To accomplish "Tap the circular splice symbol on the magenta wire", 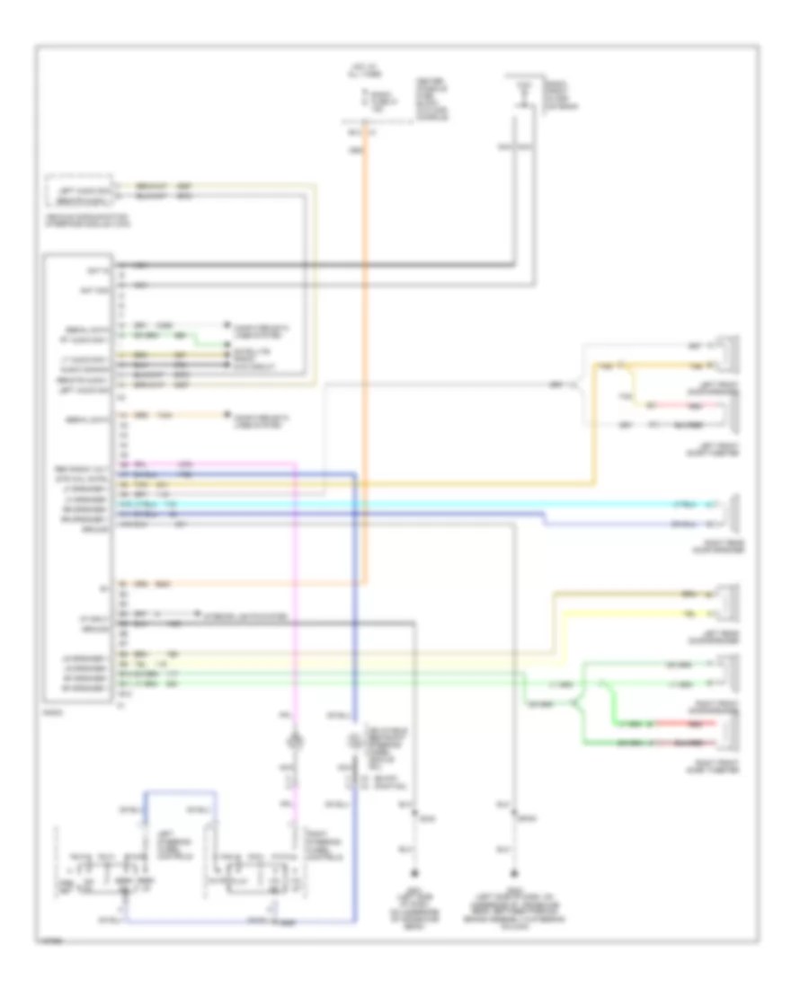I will (x=292, y=741).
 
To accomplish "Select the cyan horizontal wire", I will (x=449, y=504).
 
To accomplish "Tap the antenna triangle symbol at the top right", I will (x=520, y=88).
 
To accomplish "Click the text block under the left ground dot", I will (x=414, y=903).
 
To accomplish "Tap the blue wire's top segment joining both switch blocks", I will (x=180, y=791).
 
